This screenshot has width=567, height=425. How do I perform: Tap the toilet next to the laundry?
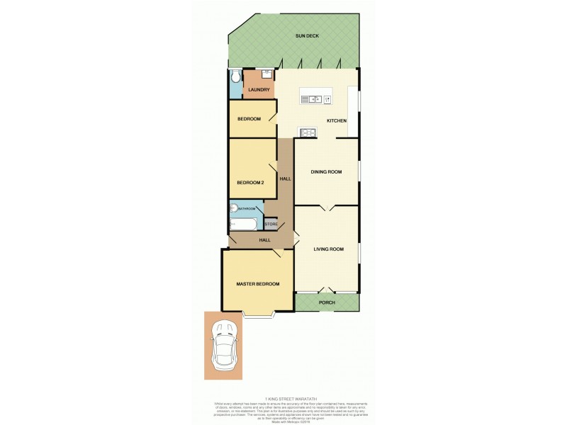point(235,76)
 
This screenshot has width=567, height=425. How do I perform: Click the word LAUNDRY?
point(259,89)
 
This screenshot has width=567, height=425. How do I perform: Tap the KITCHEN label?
point(336,121)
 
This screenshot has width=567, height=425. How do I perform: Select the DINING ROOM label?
point(327,171)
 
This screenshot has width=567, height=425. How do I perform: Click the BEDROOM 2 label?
point(250,183)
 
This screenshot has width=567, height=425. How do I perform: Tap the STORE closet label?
point(271,225)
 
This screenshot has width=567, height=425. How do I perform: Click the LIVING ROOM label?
point(327,249)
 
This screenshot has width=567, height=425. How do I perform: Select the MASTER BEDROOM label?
point(257,284)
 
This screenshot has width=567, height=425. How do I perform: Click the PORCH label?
point(327,302)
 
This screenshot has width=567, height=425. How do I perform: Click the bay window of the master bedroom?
point(258,314)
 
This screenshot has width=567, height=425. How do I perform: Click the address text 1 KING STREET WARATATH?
point(291,399)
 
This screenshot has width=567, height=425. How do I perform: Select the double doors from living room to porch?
point(327,291)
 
